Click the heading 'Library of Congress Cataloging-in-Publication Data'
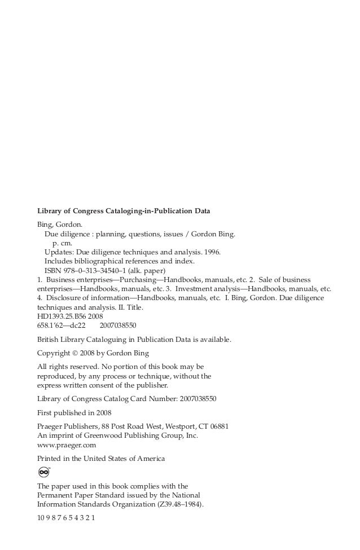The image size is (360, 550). tap(124, 212)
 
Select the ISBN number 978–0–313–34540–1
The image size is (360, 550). tap(95, 270)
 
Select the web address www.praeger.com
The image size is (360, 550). tap(66, 445)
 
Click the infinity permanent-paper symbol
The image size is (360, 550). tap(44, 472)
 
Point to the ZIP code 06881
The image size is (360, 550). tap(217, 426)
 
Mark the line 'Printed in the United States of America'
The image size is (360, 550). tap(101, 459)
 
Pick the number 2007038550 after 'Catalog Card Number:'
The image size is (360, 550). tap(197, 399)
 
